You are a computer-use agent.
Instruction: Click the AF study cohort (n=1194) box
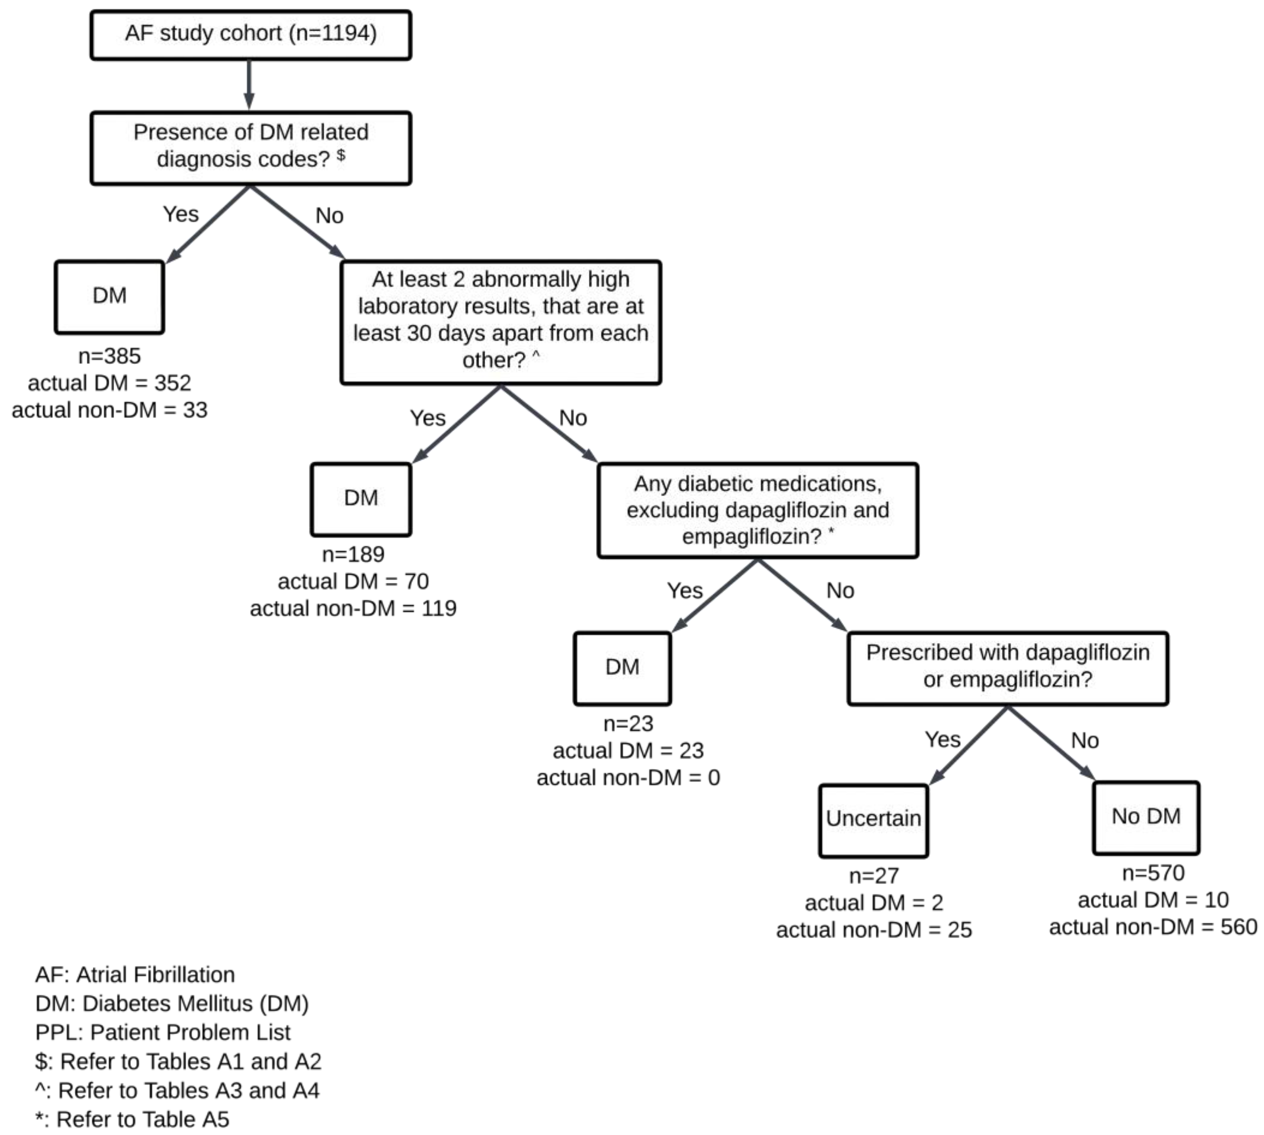point(251,35)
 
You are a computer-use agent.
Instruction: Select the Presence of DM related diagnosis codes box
point(251,148)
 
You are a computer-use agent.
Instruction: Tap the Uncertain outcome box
point(873,820)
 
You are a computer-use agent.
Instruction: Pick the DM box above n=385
point(109,297)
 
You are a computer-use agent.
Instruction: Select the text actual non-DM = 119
point(353,608)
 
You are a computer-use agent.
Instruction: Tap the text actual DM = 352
point(109,383)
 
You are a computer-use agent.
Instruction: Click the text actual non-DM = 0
point(628,778)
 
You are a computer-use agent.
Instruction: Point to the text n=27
point(874,876)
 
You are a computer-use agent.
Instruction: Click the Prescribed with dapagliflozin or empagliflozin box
point(1007,667)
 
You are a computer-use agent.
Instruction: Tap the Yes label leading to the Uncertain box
point(942,740)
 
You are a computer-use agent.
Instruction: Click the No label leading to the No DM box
point(1084,741)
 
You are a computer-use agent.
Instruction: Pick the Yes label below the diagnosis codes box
point(180,214)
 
